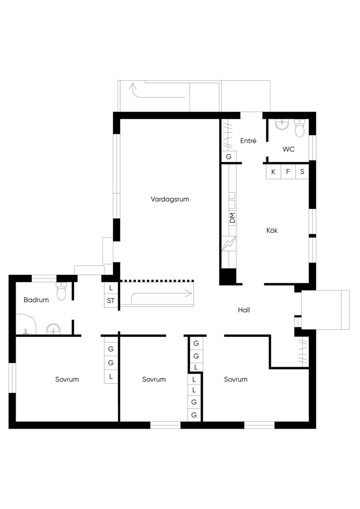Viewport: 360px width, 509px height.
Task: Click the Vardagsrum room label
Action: (170, 199)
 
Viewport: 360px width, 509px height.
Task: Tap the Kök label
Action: (272, 230)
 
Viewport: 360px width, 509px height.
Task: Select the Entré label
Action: (248, 141)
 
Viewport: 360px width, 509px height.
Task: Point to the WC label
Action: (289, 149)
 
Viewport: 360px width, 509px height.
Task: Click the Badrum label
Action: (36, 300)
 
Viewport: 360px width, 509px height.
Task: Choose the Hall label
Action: (244, 310)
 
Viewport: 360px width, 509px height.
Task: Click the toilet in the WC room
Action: (299, 128)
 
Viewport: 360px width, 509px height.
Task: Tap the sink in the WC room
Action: (282, 125)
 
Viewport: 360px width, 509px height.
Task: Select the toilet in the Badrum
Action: (61, 291)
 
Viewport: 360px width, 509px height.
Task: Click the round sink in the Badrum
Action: (53, 329)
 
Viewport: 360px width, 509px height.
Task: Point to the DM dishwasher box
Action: (232, 218)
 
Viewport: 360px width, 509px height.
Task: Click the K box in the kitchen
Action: (274, 172)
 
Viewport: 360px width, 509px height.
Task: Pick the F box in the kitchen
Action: (288, 172)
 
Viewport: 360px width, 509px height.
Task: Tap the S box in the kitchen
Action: (302, 172)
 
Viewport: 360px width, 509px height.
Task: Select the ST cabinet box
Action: (111, 301)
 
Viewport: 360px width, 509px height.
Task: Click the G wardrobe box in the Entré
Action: (229, 156)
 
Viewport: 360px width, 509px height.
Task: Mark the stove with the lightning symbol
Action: (229, 244)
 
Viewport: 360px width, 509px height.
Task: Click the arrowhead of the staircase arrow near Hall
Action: (189, 294)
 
